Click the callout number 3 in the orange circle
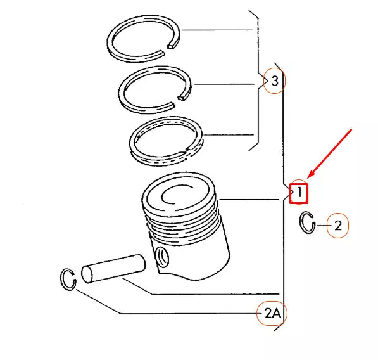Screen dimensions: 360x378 pyautogui.click(x=274, y=80)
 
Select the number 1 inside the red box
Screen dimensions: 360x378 pyautogui.click(x=299, y=191)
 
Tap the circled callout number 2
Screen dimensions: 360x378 pyautogui.click(x=337, y=225)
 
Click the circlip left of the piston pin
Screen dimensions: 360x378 pyautogui.click(x=68, y=279)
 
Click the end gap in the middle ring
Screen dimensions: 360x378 pyautogui.click(x=182, y=97)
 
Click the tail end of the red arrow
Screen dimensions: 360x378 pyautogui.click(x=351, y=129)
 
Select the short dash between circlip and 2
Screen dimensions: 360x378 pyautogui.click(x=322, y=225)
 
